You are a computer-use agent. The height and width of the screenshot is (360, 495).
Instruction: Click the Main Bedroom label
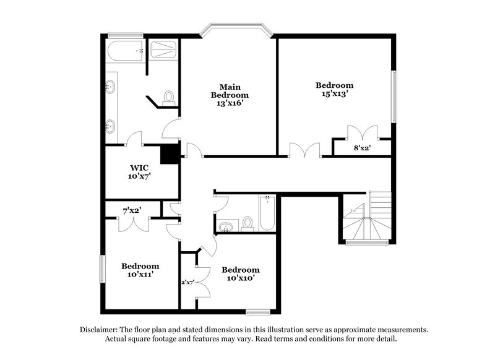point(230,91)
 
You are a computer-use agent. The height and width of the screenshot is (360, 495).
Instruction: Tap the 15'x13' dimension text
point(334,94)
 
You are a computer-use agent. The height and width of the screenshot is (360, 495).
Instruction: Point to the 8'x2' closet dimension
point(362,148)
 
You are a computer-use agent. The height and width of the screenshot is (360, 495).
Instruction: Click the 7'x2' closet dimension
point(132,210)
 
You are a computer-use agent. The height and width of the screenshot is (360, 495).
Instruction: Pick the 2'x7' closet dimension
point(188,282)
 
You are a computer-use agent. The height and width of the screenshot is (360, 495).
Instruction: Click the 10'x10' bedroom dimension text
point(240,278)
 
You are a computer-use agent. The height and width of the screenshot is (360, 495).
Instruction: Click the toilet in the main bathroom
point(168,96)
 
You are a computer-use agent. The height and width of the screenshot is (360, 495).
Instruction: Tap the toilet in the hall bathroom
point(247,223)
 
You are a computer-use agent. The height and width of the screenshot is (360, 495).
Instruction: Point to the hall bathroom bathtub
point(267,213)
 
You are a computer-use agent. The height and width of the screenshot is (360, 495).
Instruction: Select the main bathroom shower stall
point(164,50)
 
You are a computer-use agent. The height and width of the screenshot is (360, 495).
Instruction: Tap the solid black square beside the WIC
point(169,154)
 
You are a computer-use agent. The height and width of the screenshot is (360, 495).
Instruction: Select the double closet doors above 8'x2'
point(362,133)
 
